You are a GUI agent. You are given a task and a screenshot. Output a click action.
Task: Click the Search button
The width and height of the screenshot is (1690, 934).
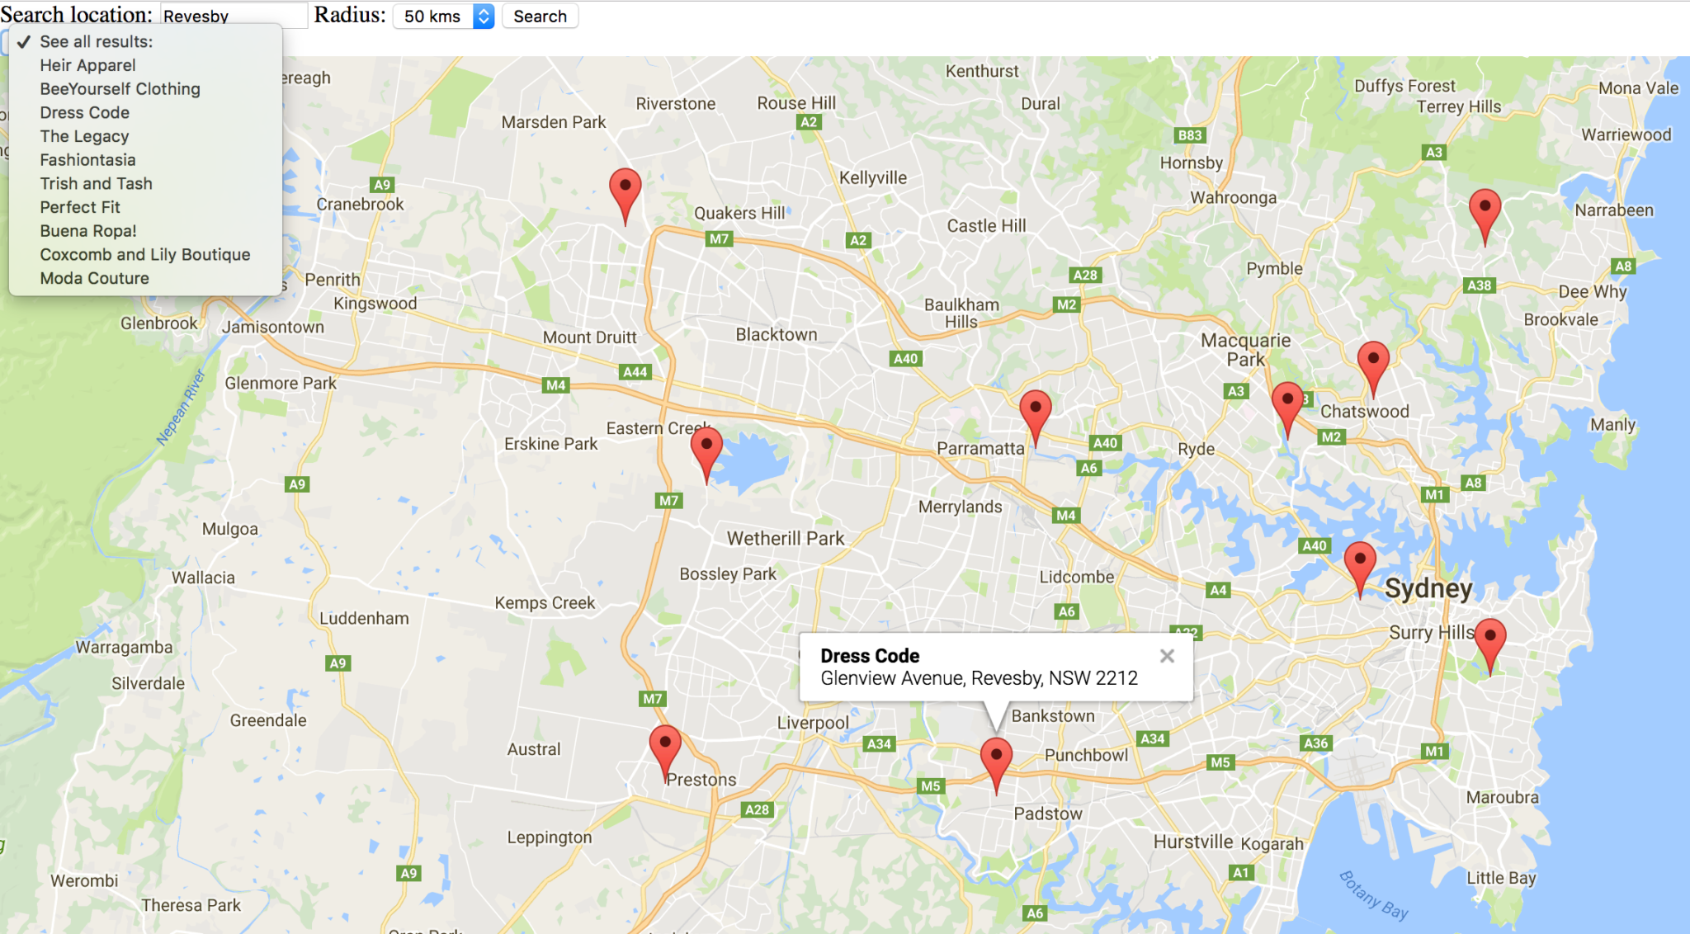coord(540,17)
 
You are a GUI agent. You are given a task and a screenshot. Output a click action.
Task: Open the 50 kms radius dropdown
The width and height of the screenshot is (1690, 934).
coord(443,17)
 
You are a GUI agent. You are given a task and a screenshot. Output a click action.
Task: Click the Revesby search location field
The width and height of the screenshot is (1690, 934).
coord(233,17)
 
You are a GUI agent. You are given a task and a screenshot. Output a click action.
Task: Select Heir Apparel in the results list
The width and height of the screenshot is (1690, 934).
coord(87,65)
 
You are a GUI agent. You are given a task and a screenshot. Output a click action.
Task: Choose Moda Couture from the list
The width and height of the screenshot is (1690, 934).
coord(94,278)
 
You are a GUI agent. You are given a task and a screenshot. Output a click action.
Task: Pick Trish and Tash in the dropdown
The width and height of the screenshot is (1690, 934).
coord(96,183)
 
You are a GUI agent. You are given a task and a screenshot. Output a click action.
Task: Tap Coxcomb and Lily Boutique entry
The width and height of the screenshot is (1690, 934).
coord(144,254)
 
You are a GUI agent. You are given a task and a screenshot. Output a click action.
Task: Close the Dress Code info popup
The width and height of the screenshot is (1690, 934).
coord(1167,656)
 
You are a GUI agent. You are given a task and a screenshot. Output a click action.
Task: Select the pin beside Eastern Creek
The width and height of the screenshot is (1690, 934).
coord(706,450)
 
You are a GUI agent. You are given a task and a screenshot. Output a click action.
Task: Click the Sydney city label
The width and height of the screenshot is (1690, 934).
coord(1428,588)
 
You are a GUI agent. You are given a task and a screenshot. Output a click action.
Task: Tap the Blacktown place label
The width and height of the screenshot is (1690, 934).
coord(776,334)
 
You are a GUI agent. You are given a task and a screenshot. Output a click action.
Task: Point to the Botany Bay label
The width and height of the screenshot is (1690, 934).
coord(1373,895)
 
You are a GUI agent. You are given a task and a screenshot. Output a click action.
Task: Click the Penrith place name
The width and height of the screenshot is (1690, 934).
coord(333,280)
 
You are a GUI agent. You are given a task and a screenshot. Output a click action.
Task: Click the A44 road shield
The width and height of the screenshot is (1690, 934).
coord(635,372)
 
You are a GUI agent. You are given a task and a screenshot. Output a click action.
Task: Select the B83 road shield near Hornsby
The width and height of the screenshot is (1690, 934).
coord(1189,135)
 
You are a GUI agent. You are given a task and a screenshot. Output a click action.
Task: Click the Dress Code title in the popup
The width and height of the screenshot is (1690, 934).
coord(870,656)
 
